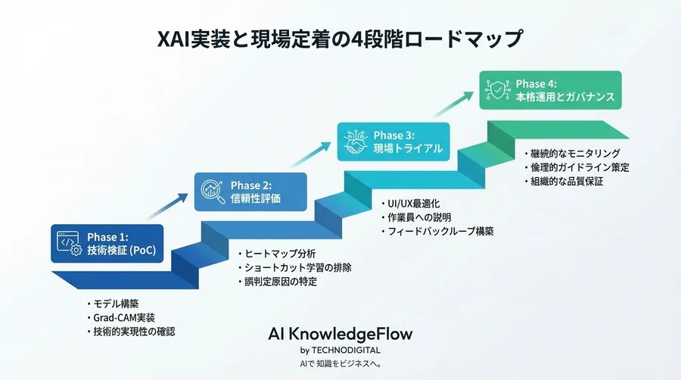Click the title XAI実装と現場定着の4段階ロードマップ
340,38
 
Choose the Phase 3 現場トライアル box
394,142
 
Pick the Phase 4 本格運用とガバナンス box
550,90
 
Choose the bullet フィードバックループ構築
440,231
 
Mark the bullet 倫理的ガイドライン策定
580,167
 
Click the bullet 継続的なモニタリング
575,153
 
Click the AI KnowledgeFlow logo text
340,334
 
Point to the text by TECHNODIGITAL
340,350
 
